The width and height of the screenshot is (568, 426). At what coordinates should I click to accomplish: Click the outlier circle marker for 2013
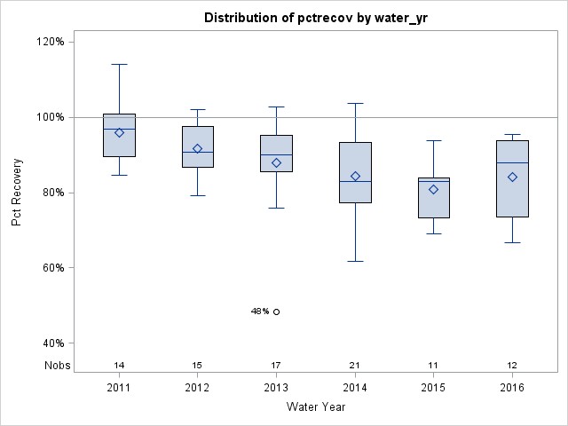(276, 312)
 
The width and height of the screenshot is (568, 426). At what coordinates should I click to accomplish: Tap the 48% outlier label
(260, 312)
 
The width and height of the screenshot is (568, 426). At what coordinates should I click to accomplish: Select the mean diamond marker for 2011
(119, 132)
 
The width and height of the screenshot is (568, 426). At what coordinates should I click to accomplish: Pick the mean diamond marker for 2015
(433, 189)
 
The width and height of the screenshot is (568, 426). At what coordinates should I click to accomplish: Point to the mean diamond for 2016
(512, 177)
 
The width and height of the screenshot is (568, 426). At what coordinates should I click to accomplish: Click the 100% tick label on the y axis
(49, 117)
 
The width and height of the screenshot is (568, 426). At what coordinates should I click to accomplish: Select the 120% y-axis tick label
(49, 42)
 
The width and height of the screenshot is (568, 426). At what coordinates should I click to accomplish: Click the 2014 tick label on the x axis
(355, 388)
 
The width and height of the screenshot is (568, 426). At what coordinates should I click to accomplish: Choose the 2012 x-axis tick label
(198, 388)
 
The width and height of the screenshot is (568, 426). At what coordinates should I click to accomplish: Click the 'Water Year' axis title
(315, 407)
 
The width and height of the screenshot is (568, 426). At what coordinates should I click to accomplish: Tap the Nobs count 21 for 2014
(355, 365)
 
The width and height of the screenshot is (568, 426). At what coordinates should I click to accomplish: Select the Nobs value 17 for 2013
(276, 365)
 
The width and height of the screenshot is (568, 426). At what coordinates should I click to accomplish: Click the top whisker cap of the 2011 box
(119, 64)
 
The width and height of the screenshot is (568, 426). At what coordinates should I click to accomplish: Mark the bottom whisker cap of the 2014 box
(355, 261)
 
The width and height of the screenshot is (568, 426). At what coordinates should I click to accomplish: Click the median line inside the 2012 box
(198, 152)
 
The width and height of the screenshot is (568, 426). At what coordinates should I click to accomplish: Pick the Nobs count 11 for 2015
(433, 365)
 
